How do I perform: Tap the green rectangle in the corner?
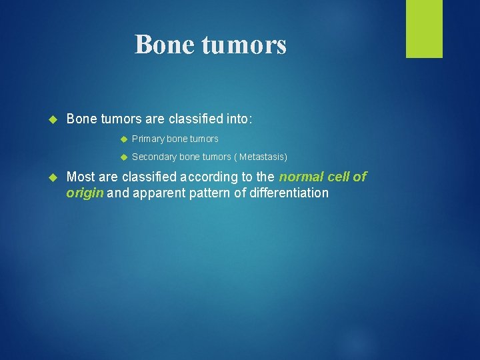[424, 29]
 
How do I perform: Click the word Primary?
[148, 139]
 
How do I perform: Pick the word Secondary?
[154, 157]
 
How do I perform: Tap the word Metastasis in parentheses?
[262, 157]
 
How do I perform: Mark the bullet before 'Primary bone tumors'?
[123, 139]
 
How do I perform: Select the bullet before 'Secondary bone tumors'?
[123, 157]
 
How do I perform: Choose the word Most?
[81, 177]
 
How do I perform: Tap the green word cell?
[339, 177]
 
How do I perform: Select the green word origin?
[85, 193]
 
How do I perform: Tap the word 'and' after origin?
[117, 193]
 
